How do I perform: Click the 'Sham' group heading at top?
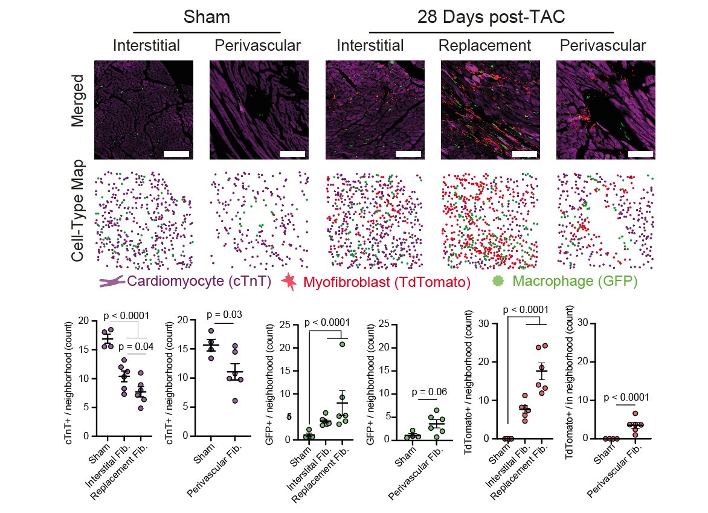click(x=207, y=17)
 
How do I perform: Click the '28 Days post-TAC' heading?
click(x=491, y=17)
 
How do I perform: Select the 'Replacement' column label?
click(x=484, y=45)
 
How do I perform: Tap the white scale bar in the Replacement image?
click(x=524, y=154)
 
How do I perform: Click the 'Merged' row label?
click(x=77, y=101)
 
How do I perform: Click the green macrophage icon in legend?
click(x=498, y=281)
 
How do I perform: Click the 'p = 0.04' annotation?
click(x=135, y=347)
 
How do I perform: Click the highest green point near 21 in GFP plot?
click(x=342, y=344)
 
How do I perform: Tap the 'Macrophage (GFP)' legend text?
click(x=574, y=282)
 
